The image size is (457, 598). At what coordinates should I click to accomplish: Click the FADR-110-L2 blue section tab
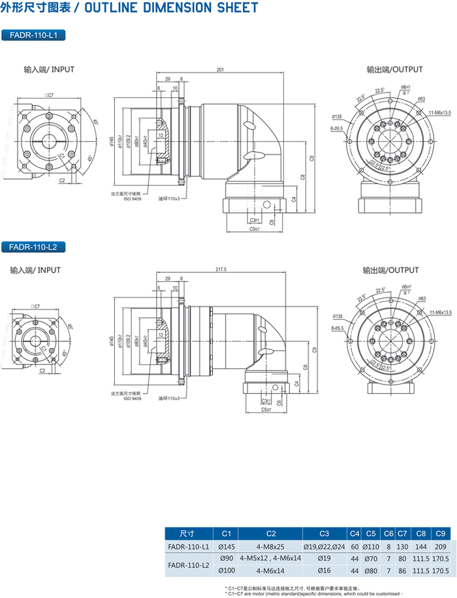34,247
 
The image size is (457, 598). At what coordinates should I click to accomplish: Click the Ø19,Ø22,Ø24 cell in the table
324,546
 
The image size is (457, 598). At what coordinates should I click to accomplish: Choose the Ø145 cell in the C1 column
227,546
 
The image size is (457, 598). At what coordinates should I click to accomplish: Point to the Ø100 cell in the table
227,571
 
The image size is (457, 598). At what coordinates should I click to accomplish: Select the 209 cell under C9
441,546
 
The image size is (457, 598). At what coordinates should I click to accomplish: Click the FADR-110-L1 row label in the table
188,546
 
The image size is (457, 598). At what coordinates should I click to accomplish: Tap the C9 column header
441,533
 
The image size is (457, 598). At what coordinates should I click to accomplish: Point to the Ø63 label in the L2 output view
421,298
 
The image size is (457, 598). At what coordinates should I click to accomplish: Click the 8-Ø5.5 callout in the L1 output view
337,129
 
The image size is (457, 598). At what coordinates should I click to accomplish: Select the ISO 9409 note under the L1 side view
133,198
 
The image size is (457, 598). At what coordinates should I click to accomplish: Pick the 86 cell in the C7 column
403,571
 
